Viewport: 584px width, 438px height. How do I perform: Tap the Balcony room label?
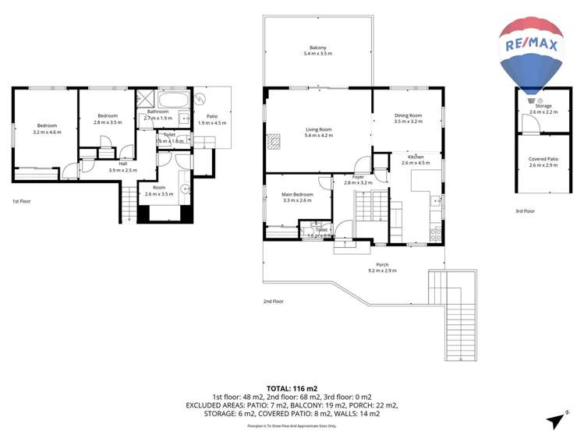(318, 50)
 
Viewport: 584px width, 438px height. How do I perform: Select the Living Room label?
(318, 132)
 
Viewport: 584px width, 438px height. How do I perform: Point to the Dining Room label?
(408, 118)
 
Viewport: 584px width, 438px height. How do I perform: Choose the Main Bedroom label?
(297, 197)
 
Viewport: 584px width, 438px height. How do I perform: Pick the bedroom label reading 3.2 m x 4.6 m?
(47, 129)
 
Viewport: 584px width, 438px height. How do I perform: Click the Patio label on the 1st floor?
(211, 119)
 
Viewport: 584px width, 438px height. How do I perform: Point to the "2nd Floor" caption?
(274, 301)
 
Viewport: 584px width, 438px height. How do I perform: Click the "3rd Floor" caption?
(525, 211)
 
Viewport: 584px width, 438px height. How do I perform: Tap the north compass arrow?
(555, 421)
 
